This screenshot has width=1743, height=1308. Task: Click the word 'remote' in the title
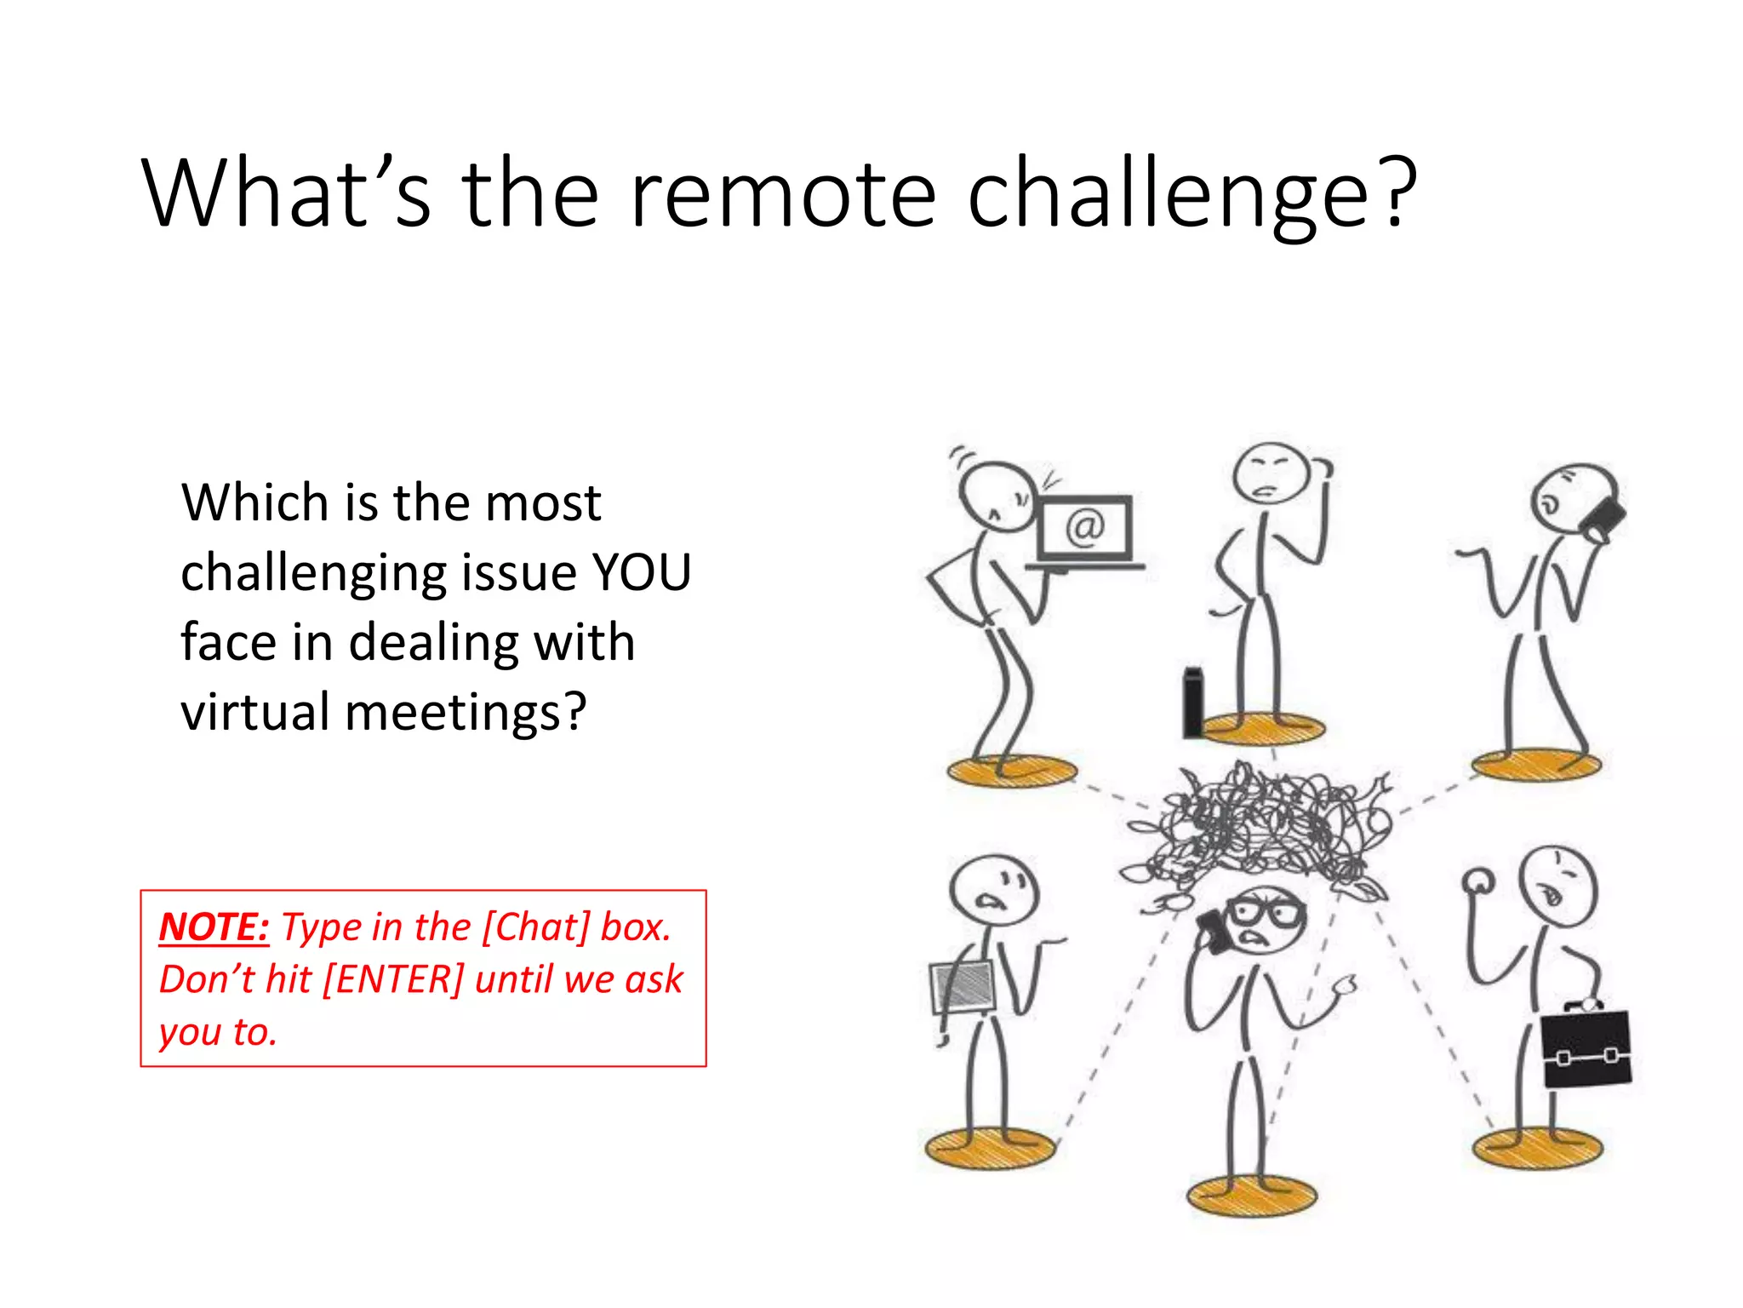pyautogui.click(x=782, y=194)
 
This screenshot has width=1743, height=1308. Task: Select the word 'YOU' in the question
pyautogui.click(x=641, y=572)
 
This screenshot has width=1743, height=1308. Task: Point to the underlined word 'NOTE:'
pyautogui.click(x=214, y=927)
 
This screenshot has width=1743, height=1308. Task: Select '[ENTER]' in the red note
pyautogui.click(x=393, y=979)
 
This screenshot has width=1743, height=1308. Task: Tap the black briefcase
pyautogui.click(x=1586, y=1049)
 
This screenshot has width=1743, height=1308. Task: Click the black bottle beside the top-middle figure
pyautogui.click(x=1193, y=703)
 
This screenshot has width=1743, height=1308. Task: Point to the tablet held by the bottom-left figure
pyautogui.click(x=963, y=988)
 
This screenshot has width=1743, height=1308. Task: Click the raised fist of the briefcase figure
pyautogui.click(x=1479, y=881)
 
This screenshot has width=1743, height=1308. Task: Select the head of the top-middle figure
pyautogui.click(x=1271, y=473)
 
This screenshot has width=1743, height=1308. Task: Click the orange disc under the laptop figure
pyautogui.click(x=1011, y=772)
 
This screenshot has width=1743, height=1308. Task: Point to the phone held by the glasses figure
pyautogui.click(x=1212, y=931)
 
